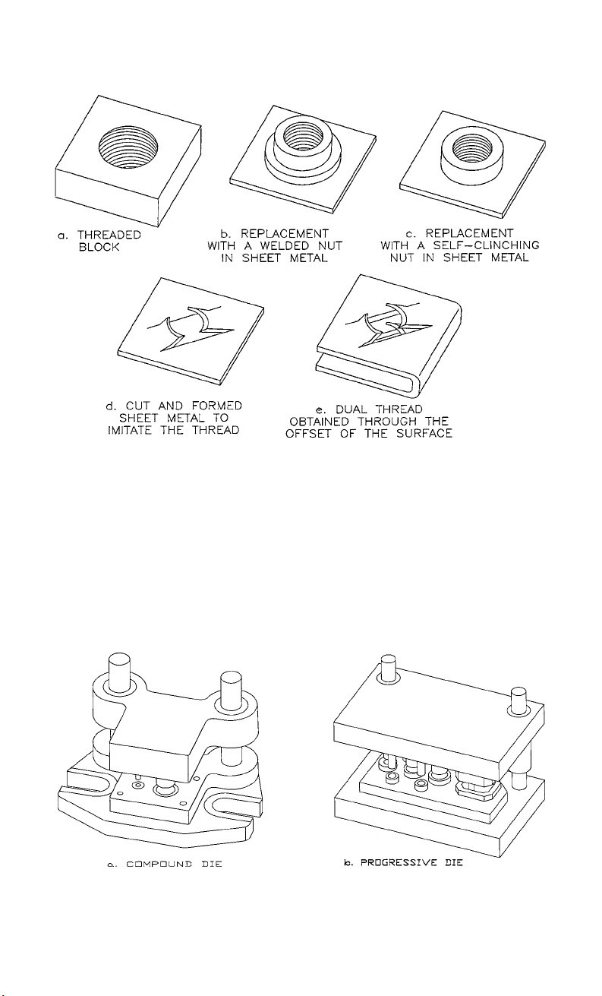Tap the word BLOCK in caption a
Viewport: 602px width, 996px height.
99,247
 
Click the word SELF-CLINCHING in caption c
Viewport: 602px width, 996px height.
486,245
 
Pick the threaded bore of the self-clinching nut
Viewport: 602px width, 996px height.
473,145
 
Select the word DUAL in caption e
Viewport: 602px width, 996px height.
351,409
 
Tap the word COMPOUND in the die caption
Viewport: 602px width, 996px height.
159,864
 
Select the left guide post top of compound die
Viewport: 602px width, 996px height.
119,659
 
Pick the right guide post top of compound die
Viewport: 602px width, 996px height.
232,678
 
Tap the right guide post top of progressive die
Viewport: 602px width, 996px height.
518,693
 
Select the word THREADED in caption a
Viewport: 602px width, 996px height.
109,235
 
